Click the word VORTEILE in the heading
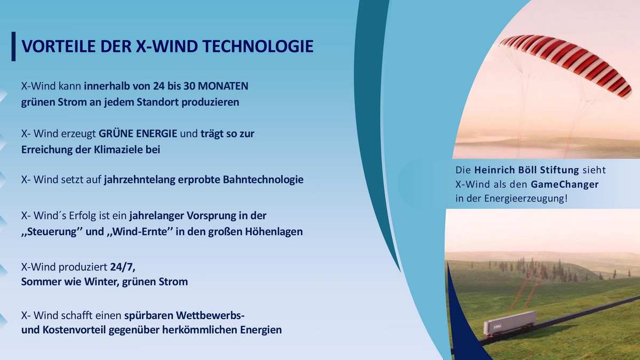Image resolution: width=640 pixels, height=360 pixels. point(59,46)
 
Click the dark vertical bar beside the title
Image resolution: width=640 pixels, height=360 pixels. point(13,46)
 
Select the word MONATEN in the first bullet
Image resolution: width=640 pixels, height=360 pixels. point(223,86)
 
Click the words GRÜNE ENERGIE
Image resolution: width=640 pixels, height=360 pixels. point(138,133)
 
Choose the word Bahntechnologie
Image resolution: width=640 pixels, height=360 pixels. point(263,180)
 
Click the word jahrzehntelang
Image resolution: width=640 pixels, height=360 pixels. point(139,180)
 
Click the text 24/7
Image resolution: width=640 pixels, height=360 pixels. point(123,267)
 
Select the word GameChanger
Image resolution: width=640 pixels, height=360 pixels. point(565,185)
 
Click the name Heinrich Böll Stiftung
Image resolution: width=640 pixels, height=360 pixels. point(526,170)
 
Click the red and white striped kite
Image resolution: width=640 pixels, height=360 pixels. point(566,63)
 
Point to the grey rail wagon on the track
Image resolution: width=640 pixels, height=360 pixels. point(509,323)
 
